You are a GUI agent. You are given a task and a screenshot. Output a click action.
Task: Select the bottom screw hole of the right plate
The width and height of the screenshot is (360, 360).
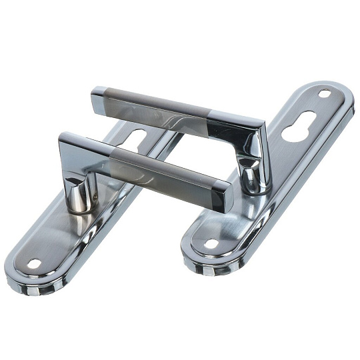coord(211,243)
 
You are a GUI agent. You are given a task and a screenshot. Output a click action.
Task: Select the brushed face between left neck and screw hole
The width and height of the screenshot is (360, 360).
coord(57,233)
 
